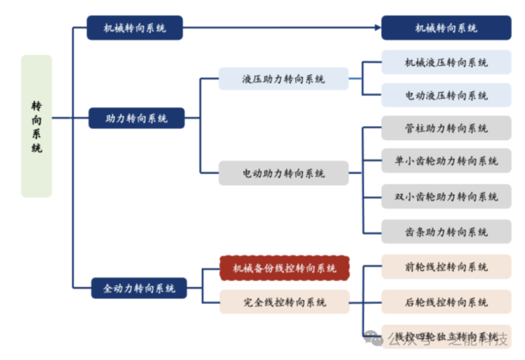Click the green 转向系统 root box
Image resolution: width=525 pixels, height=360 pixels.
click(37, 126)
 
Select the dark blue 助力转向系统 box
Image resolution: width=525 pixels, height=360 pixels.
click(136, 118)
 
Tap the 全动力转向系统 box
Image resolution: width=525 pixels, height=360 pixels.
click(139, 288)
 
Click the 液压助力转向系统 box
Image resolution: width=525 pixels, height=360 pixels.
click(283, 79)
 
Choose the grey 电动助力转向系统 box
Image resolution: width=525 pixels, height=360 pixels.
click(283, 173)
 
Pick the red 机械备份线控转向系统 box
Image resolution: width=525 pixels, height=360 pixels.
click(284, 268)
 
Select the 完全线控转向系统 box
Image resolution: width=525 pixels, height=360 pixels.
click(284, 302)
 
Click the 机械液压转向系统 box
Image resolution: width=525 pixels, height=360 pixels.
click(446, 62)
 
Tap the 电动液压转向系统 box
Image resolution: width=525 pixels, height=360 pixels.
click(446, 95)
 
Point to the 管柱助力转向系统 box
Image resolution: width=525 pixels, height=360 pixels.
click(446, 128)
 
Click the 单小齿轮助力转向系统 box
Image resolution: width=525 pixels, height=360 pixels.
click(446, 161)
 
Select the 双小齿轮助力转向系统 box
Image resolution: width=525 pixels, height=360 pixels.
click(446, 196)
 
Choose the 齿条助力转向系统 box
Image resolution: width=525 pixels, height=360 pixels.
click(446, 232)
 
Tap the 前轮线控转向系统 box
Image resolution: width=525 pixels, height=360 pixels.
click(446, 267)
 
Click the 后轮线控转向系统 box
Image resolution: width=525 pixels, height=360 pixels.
click(446, 302)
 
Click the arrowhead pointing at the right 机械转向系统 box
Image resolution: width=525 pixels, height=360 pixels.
click(377, 27)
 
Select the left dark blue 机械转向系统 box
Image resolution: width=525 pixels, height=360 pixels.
click(135, 27)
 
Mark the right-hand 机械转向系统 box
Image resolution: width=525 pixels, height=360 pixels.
click(446, 27)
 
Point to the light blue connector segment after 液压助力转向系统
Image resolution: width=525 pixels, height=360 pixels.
click(355, 79)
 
